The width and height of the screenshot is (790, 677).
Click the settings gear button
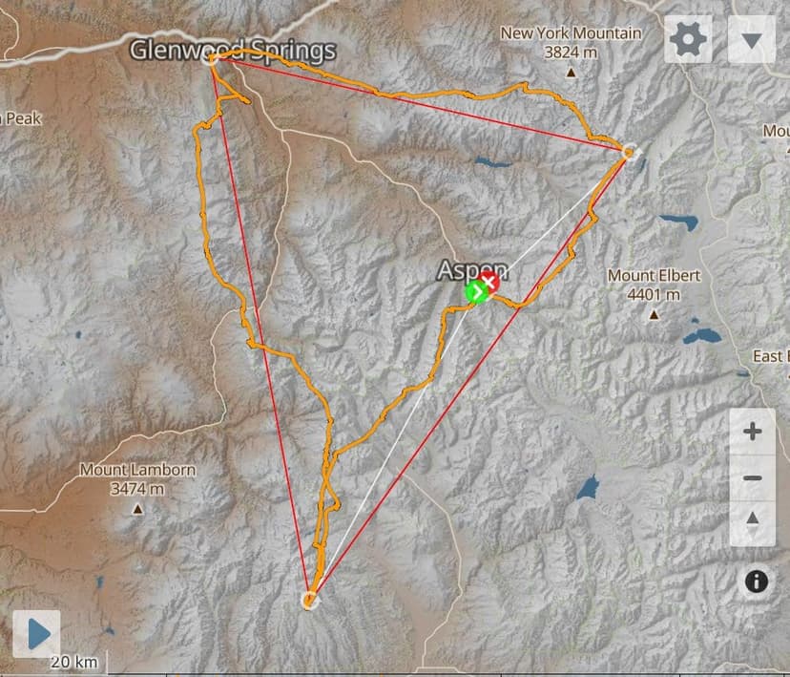(x=688, y=40)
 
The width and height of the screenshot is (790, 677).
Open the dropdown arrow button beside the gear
(x=751, y=40)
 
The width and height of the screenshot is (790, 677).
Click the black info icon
(x=757, y=582)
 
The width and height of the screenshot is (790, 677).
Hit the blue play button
(x=37, y=634)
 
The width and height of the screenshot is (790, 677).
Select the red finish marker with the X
(x=490, y=282)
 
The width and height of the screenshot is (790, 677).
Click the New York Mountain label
(x=571, y=33)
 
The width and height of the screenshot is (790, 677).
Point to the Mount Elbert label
(x=654, y=276)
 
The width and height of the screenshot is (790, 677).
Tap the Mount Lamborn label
(x=137, y=470)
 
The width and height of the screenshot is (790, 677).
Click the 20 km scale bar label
(x=73, y=662)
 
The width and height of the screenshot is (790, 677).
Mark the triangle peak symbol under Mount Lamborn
(x=137, y=508)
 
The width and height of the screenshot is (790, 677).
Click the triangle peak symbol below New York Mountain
(x=571, y=73)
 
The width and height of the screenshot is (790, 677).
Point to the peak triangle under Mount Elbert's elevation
(x=655, y=314)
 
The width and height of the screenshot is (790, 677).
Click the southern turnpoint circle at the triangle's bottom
(x=309, y=600)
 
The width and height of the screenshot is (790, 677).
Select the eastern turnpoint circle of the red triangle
(x=628, y=151)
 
